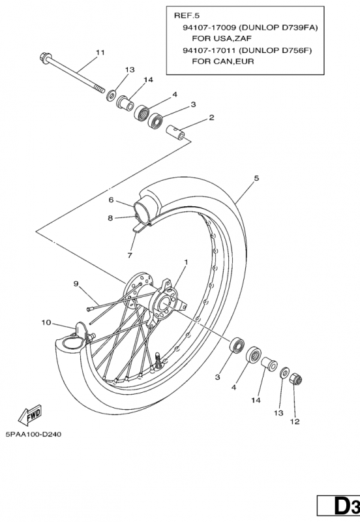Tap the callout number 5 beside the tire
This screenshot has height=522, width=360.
[256, 177]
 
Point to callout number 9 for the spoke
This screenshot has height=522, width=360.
[76, 283]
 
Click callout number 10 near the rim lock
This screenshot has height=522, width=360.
[46, 322]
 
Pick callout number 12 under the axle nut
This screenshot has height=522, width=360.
[295, 422]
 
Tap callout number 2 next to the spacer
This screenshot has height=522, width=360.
[193, 118]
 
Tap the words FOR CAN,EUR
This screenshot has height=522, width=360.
[222, 62]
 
